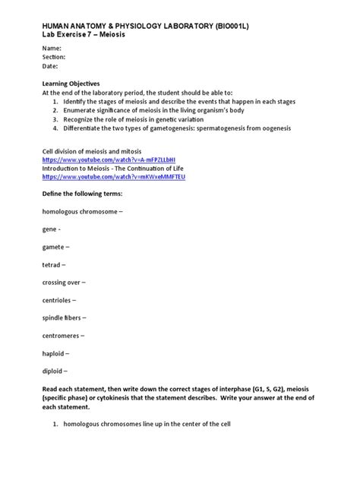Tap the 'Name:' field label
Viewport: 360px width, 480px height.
point(51,48)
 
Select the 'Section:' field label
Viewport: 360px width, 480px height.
point(54,57)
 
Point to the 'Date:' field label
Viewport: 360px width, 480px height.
point(50,66)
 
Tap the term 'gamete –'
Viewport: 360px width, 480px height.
point(55,247)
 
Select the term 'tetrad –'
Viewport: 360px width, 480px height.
point(54,264)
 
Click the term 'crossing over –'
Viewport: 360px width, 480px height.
point(64,282)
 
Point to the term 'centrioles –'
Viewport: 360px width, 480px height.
point(60,300)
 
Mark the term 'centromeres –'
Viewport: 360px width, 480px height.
point(63,335)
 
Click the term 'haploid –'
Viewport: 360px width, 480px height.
point(55,353)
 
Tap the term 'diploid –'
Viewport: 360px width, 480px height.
point(55,371)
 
